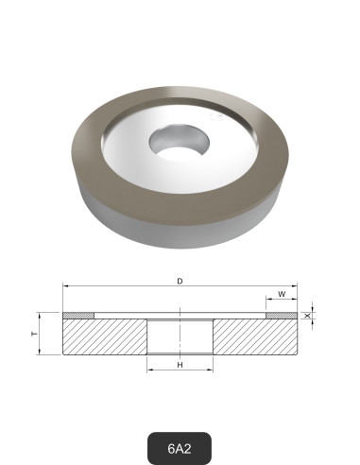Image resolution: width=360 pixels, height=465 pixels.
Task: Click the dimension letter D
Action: (x=180, y=280)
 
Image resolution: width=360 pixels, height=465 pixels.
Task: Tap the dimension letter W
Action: (x=282, y=294)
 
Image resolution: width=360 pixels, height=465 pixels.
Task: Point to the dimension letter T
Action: (x=35, y=335)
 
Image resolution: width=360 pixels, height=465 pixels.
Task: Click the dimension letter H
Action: (x=180, y=364)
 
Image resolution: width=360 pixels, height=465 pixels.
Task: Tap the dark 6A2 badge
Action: (x=180, y=447)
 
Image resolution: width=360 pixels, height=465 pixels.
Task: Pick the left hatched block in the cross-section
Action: (x=104, y=336)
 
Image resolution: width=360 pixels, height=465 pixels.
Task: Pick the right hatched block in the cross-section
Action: (x=255, y=336)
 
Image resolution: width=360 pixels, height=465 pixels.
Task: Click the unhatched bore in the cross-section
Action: (x=180, y=336)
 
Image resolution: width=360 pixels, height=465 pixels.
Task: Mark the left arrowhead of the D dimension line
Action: (x=65, y=286)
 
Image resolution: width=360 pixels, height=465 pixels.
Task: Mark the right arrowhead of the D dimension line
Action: (x=295, y=286)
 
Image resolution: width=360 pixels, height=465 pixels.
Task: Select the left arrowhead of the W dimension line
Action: (x=268, y=301)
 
